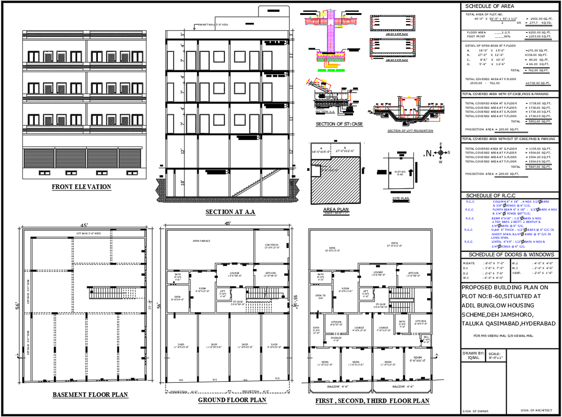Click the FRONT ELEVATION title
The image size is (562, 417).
pyautogui.click(x=81, y=187)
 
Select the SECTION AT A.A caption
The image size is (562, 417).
pyautogui.click(x=230, y=212)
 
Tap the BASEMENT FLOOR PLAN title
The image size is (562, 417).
pyautogui.click(x=90, y=395)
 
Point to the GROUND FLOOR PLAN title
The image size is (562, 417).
pyautogui.click(x=232, y=400)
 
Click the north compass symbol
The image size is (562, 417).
pyautogui.click(x=440, y=153)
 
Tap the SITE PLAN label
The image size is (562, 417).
pyautogui.click(x=400, y=198)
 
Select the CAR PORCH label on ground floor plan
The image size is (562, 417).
pyautogui.click(x=272, y=246)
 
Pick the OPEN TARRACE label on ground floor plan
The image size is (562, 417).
pyautogui.click(x=201, y=241)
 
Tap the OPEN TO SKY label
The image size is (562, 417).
pyautogui.click(x=320, y=297)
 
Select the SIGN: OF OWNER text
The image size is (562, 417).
pyautogui.click(x=475, y=411)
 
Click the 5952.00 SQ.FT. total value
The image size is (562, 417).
pyautogui.click(x=538, y=121)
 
